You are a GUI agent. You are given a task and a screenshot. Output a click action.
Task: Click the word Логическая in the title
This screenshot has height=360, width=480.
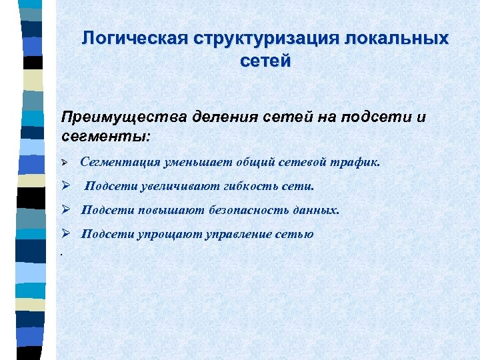point(135,38)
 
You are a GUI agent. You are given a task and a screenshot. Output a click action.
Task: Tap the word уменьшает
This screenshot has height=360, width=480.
point(196,161)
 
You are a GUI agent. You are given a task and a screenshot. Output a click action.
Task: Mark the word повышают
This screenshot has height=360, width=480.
point(164,211)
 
